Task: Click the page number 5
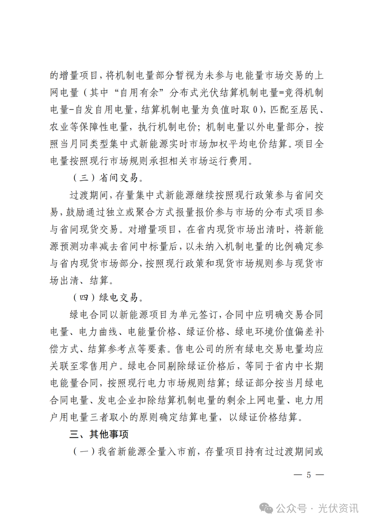(x=309, y=475)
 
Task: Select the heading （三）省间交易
(x=107, y=178)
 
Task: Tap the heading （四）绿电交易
(x=107, y=297)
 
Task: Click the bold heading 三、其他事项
(x=99, y=434)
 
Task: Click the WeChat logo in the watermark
(x=266, y=508)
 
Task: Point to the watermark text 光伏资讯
(x=338, y=508)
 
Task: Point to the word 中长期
(x=309, y=366)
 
